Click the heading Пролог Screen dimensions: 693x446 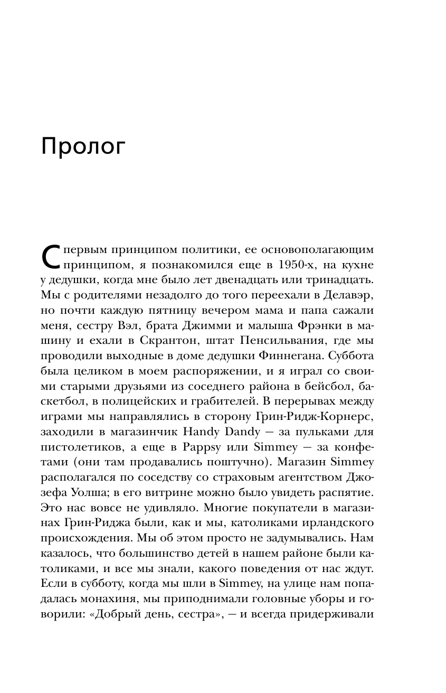[x=83, y=147]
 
